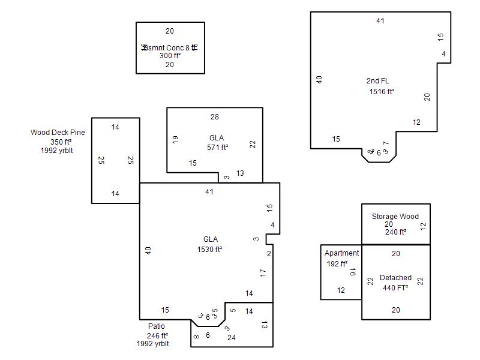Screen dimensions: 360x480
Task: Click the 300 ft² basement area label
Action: click(x=170, y=56)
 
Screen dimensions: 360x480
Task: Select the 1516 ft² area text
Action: click(x=382, y=92)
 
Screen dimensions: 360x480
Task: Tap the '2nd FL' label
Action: click(x=378, y=81)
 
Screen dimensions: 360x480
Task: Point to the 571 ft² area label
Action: click(x=218, y=147)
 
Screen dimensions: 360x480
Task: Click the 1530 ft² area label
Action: click(x=210, y=249)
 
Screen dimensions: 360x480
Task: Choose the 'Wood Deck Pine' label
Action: click(x=58, y=133)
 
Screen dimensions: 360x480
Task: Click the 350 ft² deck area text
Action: click(x=61, y=142)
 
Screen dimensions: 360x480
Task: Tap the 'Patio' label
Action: click(x=156, y=326)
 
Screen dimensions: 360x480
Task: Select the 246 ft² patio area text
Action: click(x=157, y=336)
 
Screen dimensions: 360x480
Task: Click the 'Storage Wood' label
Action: click(x=395, y=217)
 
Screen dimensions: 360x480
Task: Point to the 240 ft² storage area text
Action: click(x=395, y=232)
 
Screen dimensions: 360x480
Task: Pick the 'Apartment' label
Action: click(x=341, y=253)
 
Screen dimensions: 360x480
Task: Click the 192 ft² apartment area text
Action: click(x=337, y=263)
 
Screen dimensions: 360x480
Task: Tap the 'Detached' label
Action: click(x=395, y=278)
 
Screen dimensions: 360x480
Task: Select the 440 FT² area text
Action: click(x=395, y=287)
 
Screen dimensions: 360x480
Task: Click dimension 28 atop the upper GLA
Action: click(x=215, y=116)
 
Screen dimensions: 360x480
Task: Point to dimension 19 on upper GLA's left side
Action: click(x=175, y=139)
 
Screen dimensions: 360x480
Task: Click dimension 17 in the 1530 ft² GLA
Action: click(x=263, y=272)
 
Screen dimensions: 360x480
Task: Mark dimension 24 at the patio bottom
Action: click(x=231, y=338)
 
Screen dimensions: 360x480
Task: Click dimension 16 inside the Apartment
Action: click(x=353, y=272)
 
